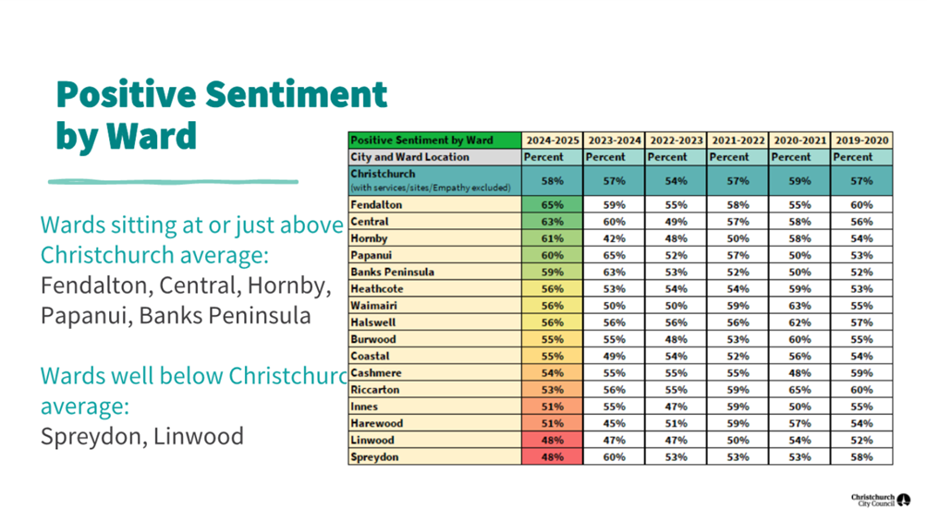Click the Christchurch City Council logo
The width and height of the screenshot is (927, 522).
(880, 500)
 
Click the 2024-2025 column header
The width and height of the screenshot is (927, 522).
(553, 140)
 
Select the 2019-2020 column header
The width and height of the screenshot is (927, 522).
(862, 140)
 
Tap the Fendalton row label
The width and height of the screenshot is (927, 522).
(376, 205)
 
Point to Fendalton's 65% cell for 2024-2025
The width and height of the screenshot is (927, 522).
(553, 205)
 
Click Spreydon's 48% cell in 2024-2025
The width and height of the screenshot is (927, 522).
(553, 457)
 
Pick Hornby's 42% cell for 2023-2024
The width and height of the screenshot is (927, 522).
(614, 238)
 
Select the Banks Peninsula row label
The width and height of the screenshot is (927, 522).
(392, 273)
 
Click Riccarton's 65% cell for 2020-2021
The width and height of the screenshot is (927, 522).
(799, 390)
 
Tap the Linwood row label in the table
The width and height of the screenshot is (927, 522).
(372, 441)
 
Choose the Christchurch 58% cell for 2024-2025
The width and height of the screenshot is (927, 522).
(553, 181)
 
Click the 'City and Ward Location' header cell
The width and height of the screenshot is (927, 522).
(409, 157)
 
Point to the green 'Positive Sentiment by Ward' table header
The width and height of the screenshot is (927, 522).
(421, 140)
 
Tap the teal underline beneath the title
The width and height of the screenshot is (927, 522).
(173, 182)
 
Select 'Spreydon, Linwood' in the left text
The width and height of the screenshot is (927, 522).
(142, 435)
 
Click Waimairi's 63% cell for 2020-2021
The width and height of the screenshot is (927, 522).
(799, 306)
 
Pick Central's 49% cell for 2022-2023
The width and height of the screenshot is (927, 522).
(676, 222)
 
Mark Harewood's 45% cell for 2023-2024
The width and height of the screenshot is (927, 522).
(614, 424)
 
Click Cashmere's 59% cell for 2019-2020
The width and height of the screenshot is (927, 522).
(862, 373)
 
